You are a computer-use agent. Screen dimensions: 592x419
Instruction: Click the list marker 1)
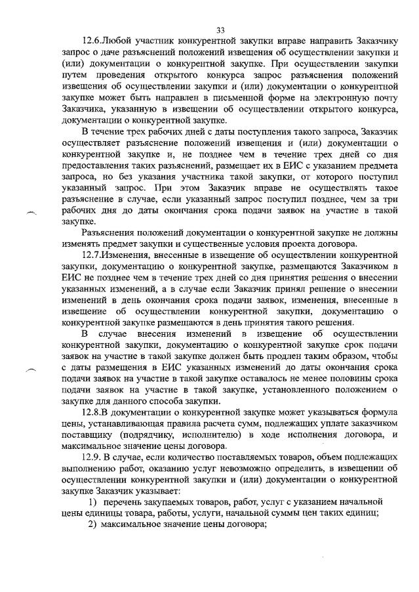(94, 502)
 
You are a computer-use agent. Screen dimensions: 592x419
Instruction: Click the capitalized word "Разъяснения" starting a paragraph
(110, 232)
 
